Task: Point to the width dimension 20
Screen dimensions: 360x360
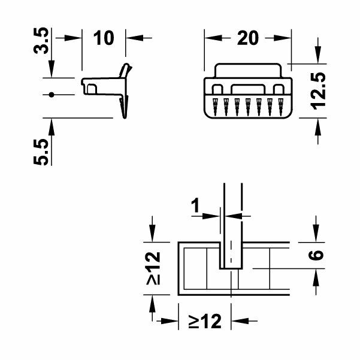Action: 247,38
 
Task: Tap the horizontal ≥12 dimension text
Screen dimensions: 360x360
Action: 205,322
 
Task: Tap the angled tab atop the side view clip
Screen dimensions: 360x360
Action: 125,71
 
